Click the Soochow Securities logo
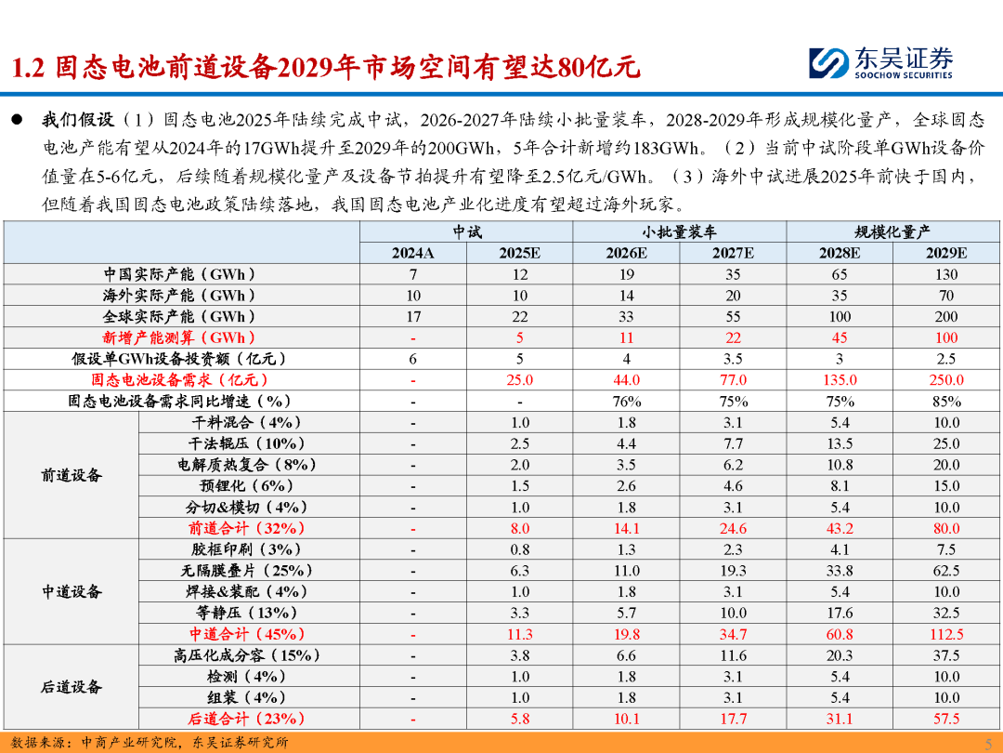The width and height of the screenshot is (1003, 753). point(880,63)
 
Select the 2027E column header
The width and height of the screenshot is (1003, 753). point(733,253)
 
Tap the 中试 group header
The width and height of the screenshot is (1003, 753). point(467,231)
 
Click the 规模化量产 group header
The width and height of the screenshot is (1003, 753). point(892,231)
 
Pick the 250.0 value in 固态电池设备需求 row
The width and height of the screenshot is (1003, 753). point(946,379)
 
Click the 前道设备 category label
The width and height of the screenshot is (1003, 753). point(72,475)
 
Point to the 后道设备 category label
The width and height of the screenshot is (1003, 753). point(72,687)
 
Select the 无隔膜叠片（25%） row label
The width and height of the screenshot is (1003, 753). point(246,571)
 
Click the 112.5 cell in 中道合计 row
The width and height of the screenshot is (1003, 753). point(946,634)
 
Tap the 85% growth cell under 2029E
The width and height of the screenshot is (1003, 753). point(946,402)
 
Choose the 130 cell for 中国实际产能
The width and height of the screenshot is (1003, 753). point(946,274)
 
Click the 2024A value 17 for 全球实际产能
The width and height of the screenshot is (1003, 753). point(413,316)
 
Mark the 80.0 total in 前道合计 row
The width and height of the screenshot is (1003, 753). point(946,528)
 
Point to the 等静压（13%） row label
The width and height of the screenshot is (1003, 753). point(246,613)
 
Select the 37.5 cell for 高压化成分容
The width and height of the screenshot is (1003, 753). point(946,655)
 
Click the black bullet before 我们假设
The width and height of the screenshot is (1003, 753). point(17,119)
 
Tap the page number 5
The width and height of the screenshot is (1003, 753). point(988,743)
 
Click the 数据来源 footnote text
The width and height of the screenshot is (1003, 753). point(150,743)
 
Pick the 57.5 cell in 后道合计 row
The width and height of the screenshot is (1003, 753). point(946,719)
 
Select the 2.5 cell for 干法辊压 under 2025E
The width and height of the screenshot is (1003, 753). point(519,443)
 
